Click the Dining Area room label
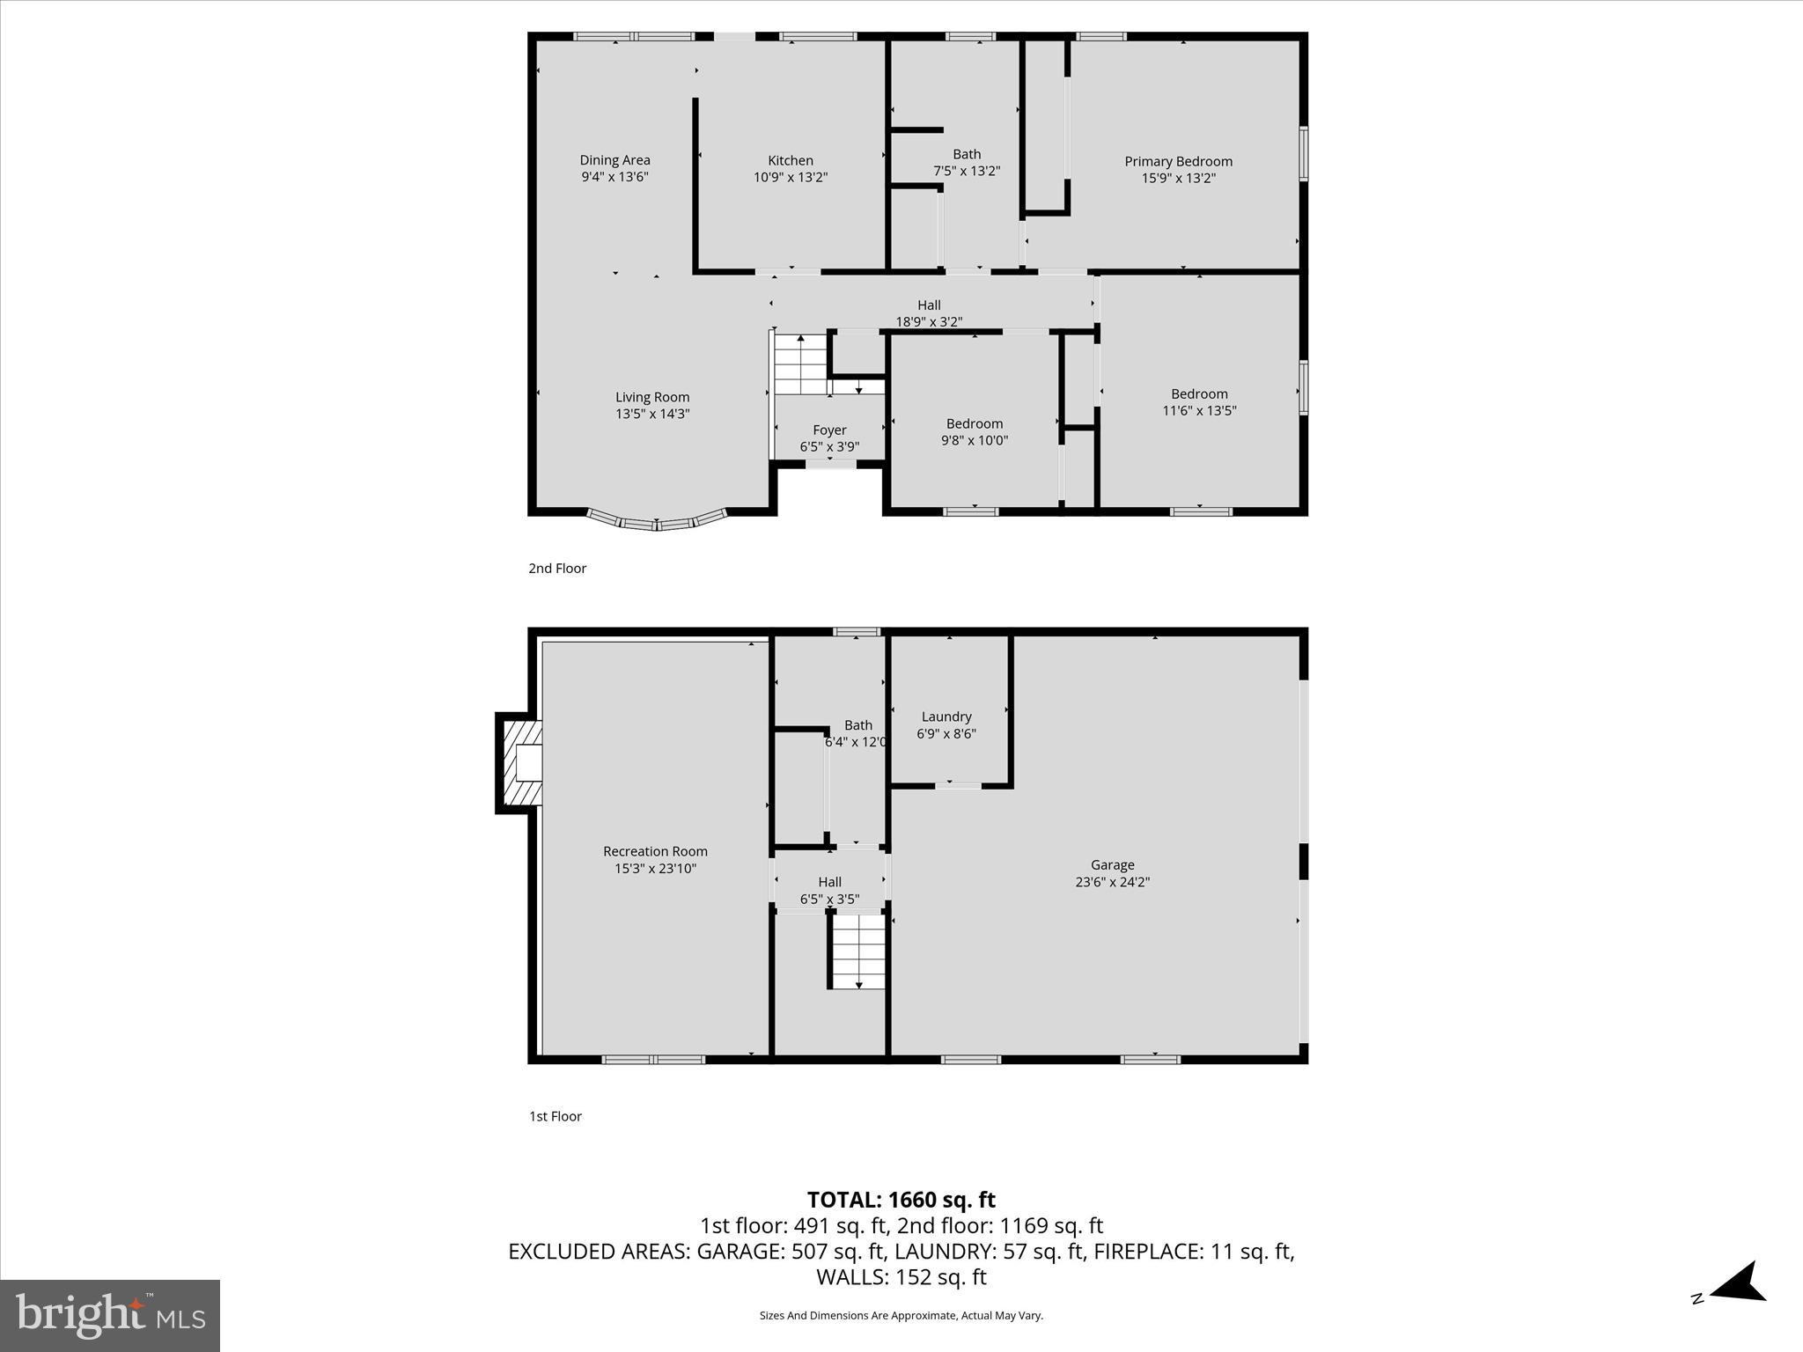pos(614,160)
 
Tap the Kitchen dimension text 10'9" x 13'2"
pos(790,177)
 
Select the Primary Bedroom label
pos(1178,161)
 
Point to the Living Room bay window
pos(657,521)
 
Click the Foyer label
pos(829,430)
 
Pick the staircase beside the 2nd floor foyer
pos(800,364)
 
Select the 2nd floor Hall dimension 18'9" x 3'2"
pos(929,322)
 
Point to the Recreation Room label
pos(655,851)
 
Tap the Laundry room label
pos(946,716)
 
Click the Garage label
pos(1112,865)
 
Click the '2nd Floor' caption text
pos(557,569)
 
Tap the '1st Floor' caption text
pos(555,1116)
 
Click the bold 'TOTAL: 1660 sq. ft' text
pos(901,1200)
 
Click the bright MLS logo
pos(110,1315)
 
